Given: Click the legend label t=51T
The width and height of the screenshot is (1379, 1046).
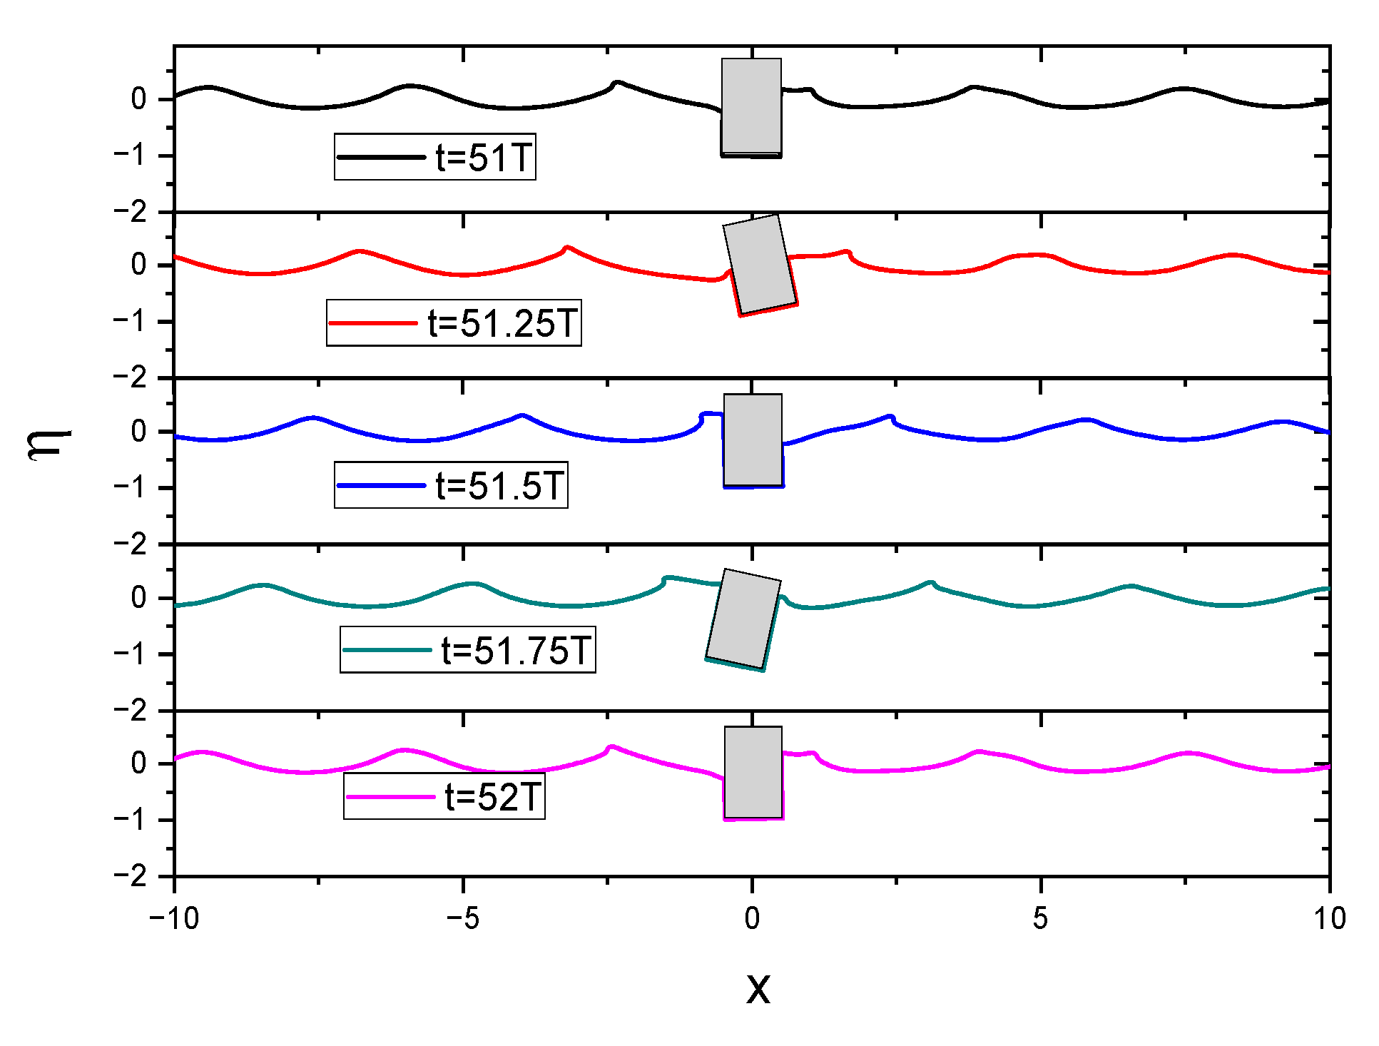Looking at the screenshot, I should (484, 157).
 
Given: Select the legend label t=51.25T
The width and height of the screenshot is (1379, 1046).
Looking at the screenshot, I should (502, 323).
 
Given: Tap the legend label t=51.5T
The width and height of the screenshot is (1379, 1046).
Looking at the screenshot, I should (499, 486).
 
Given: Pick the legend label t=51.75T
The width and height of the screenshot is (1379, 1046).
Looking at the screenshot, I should (517, 650).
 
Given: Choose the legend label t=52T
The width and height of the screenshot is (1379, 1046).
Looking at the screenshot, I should (492, 796).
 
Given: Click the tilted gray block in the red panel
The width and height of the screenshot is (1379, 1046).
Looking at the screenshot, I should (760, 265).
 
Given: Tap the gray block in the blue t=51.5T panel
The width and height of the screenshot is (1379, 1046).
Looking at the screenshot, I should (753, 440).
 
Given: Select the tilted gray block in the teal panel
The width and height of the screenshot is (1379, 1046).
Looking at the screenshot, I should (743, 618).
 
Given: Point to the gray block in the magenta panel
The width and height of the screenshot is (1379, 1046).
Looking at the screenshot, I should (753, 772).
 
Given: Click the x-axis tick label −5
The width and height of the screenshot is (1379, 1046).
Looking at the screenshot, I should (463, 919).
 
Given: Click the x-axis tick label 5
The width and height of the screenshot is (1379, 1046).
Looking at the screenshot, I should (1040, 919).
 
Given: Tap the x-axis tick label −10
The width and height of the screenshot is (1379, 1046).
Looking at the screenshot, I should (174, 919).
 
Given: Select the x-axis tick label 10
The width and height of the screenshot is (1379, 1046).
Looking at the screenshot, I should (1329, 919).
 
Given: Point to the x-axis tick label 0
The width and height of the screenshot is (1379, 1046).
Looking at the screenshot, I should (752, 919).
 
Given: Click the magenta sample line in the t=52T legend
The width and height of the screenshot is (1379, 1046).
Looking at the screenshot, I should (390, 797).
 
